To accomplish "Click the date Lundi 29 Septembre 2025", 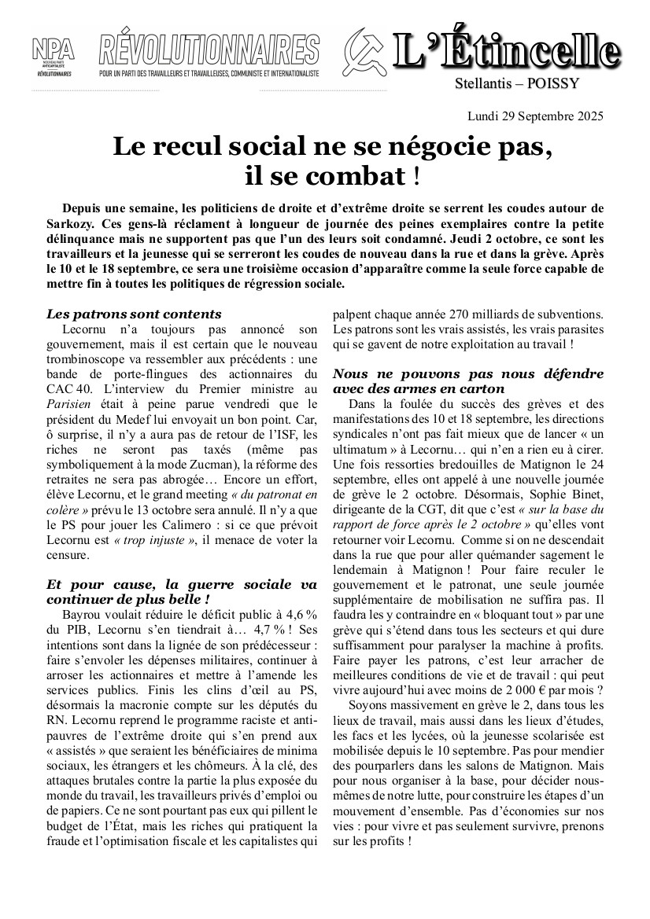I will point(535,116).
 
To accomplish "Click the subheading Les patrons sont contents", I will point(134,314).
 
